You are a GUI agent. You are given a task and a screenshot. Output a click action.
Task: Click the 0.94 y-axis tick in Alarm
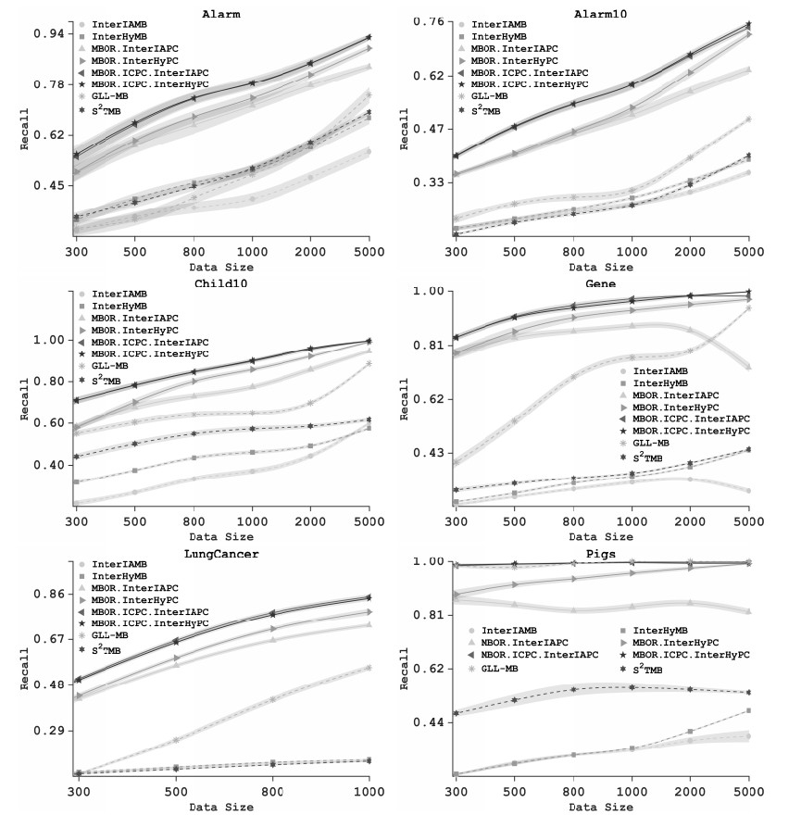[x=49, y=33]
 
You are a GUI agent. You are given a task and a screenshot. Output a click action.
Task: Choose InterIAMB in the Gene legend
[x=670, y=370]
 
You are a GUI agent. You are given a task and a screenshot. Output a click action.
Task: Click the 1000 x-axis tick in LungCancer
[x=369, y=795]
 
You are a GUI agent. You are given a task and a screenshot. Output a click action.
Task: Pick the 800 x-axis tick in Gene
[x=574, y=522]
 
